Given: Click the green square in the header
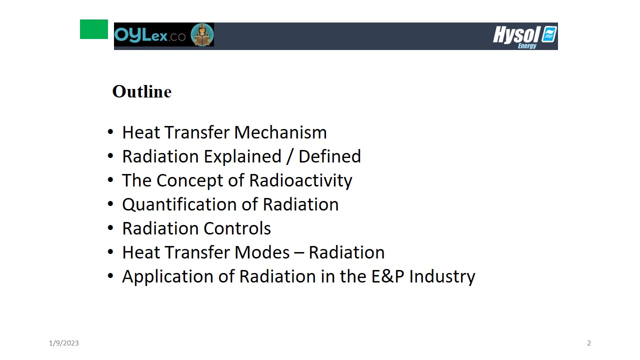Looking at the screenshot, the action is pyautogui.click(x=94, y=29).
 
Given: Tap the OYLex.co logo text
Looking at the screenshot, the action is pyautogui.click(x=150, y=35).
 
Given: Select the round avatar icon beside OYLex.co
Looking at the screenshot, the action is pyautogui.click(x=202, y=34).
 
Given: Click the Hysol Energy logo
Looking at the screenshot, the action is pyautogui.click(x=525, y=37).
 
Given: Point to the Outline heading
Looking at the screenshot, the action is pyautogui.click(x=142, y=91).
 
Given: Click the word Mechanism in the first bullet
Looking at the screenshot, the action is pyautogui.click(x=280, y=132).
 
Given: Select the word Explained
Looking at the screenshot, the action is pyautogui.click(x=242, y=157).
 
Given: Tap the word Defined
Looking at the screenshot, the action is pyautogui.click(x=329, y=156).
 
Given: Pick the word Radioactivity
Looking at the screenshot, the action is pyautogui.click(x=300, y=181).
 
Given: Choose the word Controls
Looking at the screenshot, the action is pyautogui.click(x=237, y=228).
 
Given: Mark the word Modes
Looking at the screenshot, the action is pyautogui.click(x=262, y=252).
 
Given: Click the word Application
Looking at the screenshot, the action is pyautogui.click(x=167, y=277).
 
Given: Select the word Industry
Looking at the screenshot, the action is pyautogui.click(x=442, y=277).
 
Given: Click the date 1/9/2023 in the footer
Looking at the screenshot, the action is pyautogui.click(x=63, y=343).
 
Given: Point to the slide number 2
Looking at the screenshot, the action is pyautogui.click(x=589, y=343).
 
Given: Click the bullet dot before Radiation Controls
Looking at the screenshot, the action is pyautogui.click(x=110, y=228).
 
